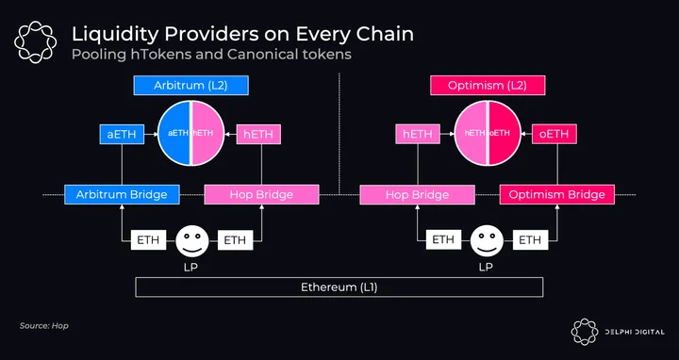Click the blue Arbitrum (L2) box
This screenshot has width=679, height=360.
(x=190, y=85)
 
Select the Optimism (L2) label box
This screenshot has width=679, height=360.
(x=488, y=85)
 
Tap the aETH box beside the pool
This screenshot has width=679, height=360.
(x=122, y=134)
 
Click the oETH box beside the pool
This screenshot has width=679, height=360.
(x=554, y=134)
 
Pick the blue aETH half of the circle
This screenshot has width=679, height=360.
(x=174, y=133)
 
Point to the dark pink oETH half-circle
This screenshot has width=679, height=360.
(x=505, y=133)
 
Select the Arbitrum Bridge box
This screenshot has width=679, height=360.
(x=122, y=195)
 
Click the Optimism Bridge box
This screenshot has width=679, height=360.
(x=557, y=195)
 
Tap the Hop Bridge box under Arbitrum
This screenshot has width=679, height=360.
(x=261, y=195)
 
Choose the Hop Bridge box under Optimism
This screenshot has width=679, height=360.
(x=418, y=195)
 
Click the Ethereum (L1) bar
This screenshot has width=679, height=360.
(x=339, y=287)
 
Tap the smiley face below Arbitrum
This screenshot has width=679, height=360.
(x=191, y=240)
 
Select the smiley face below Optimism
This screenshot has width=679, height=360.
(x=488, y=240)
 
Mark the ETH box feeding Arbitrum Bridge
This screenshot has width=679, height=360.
(x=149, y=240)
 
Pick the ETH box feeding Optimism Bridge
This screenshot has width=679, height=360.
(x=530, y=240)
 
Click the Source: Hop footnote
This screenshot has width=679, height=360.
(x=43, y=326)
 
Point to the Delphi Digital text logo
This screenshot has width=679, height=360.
(x=635, y=332)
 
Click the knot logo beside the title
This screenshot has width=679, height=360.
(x=35, y=42)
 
